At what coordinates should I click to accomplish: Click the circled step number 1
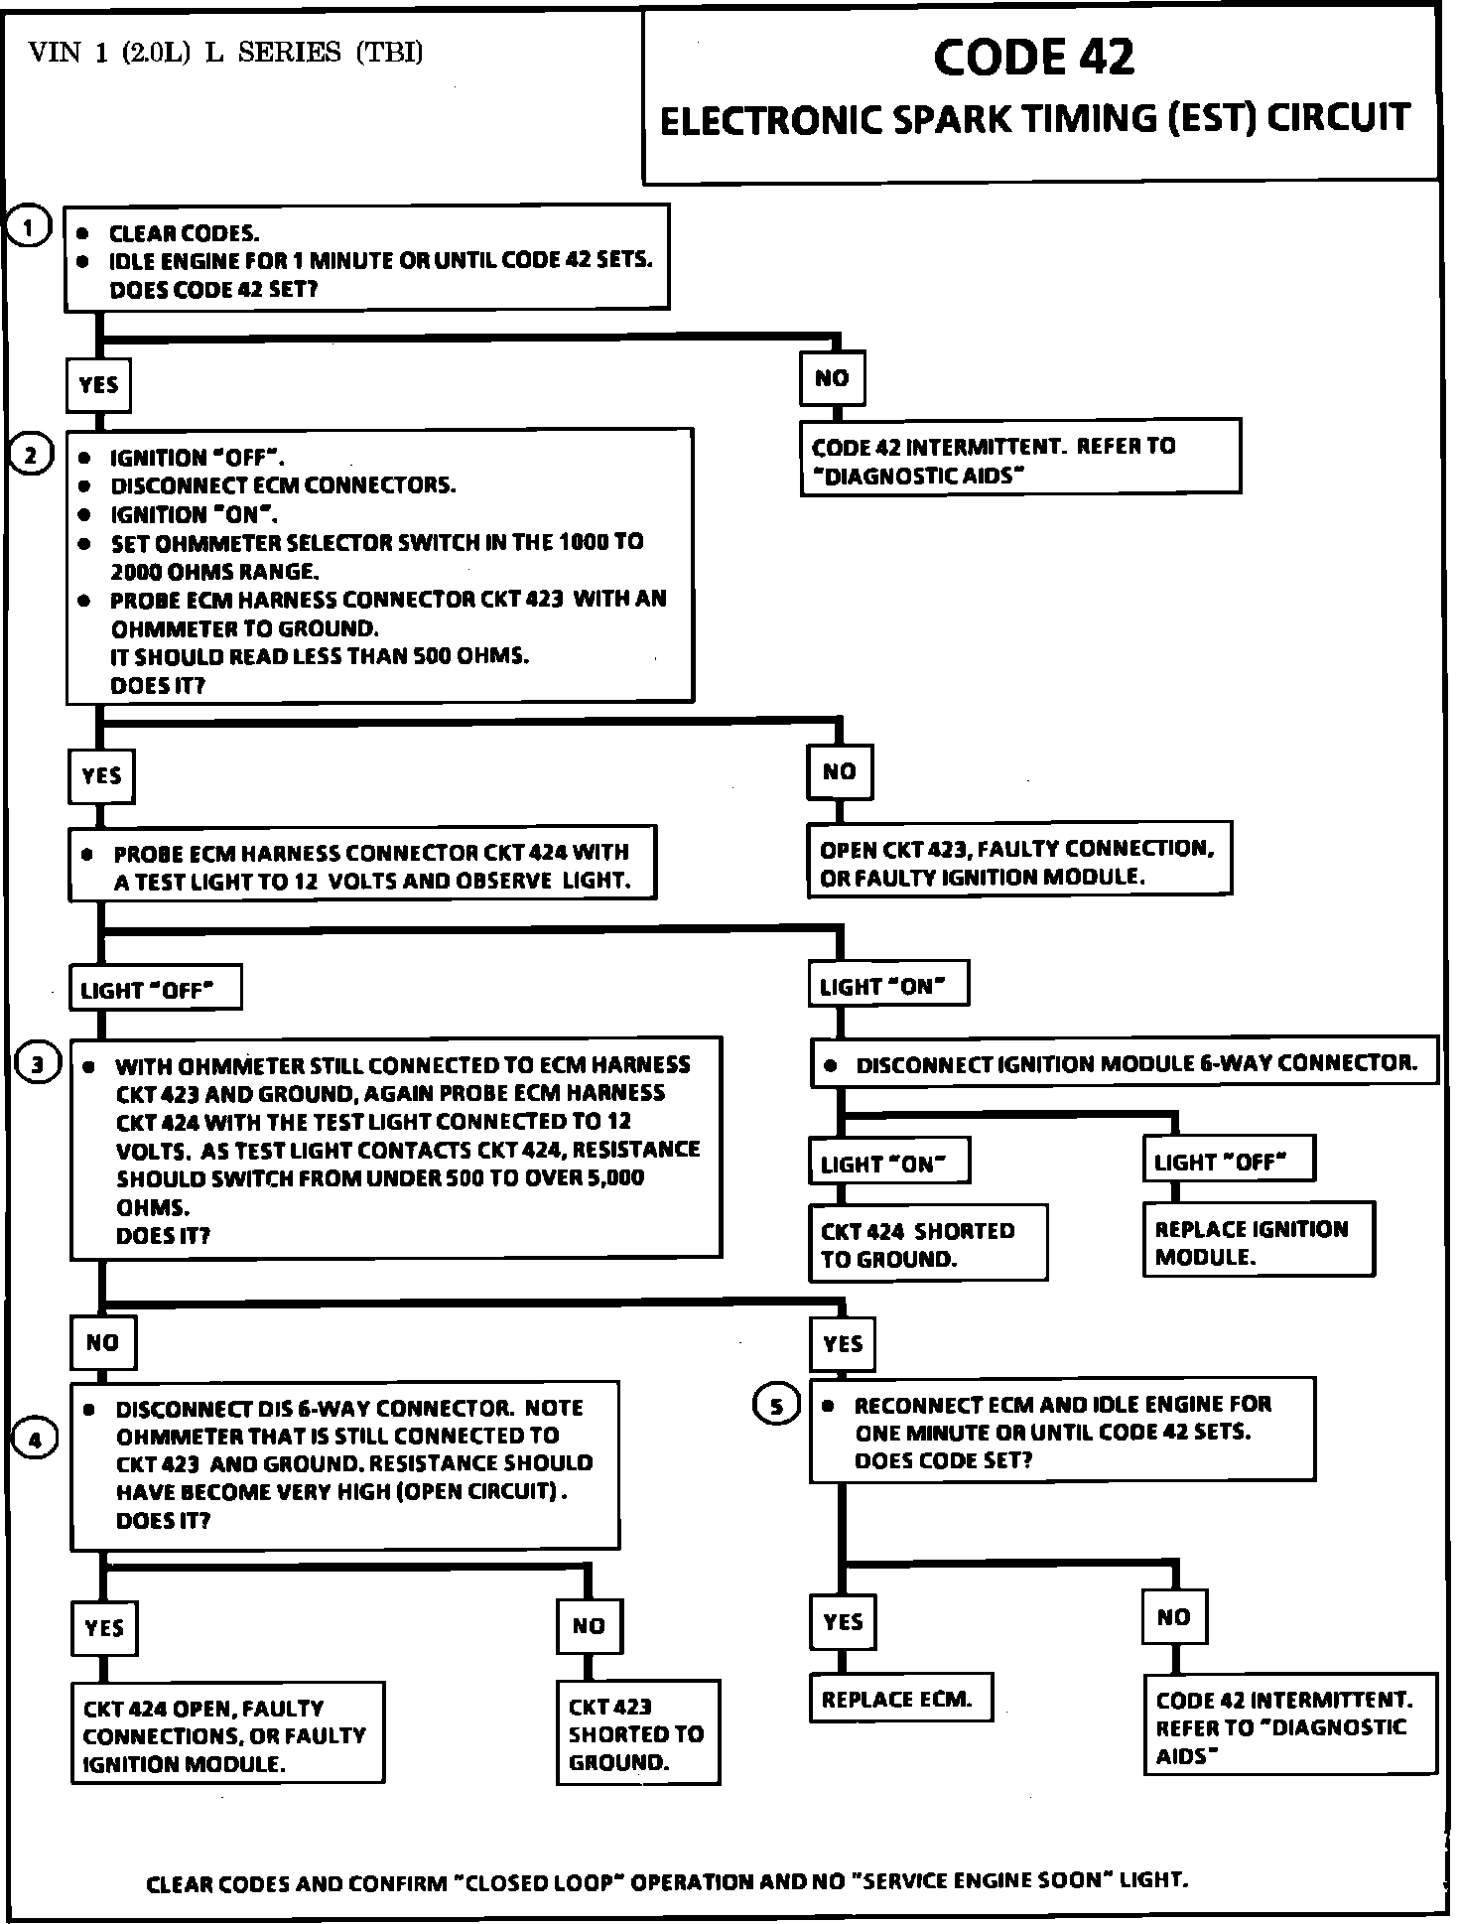tap(30, 228)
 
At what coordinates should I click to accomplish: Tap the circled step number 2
tap(30, 456)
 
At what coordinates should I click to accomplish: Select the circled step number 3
tap(38, 1065)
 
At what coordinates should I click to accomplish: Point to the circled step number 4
tap(35, 1440)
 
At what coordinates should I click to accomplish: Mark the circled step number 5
tap(777, 1405)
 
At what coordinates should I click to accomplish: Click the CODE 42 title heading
tap(1033, 58)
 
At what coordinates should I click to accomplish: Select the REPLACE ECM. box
tap(900, 1698)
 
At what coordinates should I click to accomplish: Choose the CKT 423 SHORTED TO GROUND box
tap(638, 1733)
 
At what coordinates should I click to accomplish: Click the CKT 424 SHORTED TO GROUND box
tap(927, 1244)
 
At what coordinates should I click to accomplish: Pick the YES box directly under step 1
tap(98, 385)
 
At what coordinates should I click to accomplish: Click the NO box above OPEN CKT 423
tap(839, 772)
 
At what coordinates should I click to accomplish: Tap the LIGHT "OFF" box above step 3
tap(154, 989)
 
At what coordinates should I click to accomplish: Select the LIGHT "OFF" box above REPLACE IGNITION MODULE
tap(1228, 1161)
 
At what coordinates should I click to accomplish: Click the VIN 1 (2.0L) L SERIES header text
tap(226, 52)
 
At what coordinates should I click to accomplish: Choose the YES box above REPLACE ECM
tap(843, 1622)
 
